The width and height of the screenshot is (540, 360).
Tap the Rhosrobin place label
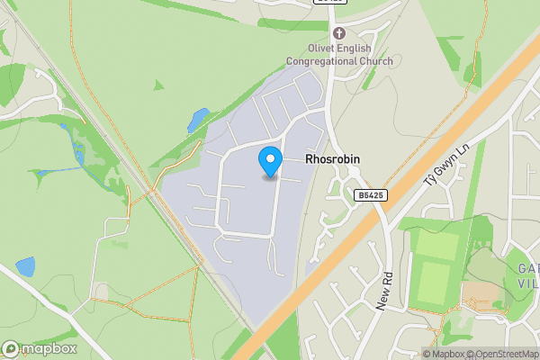coord(332,158)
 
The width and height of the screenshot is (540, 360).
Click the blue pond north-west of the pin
coord(198,119)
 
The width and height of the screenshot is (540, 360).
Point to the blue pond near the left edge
coord(25,266)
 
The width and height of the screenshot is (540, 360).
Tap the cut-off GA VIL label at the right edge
coord(527,274)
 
